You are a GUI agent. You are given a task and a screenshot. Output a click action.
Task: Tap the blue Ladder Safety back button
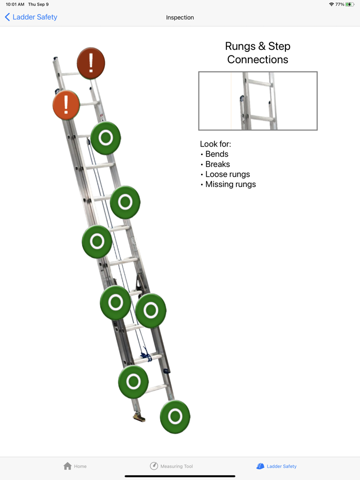31,17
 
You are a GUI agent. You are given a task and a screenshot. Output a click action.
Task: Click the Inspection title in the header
180,17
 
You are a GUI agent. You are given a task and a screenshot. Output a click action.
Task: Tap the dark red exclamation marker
91,63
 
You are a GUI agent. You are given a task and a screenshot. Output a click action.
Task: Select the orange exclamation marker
66,105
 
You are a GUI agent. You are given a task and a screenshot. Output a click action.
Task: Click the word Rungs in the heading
240,46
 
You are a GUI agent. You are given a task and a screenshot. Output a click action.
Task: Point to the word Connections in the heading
258,60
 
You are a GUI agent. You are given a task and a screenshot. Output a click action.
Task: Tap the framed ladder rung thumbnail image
258,101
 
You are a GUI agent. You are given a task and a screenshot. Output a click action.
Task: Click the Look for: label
215,144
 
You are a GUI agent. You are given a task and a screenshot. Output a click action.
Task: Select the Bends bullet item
217,154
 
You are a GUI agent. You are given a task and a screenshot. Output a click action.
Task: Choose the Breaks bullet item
218,164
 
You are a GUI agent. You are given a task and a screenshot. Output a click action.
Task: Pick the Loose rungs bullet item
227,174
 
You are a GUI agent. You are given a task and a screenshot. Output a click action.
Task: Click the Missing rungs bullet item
230,184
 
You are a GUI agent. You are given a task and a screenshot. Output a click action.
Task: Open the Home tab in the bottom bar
75,466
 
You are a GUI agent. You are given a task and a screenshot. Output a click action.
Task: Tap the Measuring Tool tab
171,466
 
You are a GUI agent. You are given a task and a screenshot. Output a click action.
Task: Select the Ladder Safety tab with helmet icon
276,466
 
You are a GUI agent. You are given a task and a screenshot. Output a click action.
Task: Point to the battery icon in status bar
350,4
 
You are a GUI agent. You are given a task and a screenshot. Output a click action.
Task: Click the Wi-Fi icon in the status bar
331,4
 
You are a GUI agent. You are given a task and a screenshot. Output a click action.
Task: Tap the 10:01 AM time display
15,4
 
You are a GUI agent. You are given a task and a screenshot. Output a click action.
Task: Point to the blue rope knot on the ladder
146,354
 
